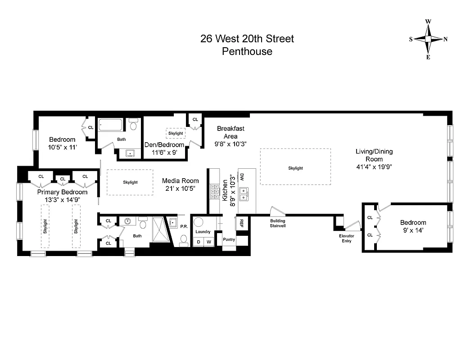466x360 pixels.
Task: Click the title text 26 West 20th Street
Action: click(247, 39)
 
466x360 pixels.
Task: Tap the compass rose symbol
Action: click(428, 39)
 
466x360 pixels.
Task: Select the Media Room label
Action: click(180, 181)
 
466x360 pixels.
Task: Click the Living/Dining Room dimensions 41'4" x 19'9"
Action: click(374, 166)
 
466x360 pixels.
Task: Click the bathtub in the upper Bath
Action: click(111, 125)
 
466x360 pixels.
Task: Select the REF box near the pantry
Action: click(242, 222)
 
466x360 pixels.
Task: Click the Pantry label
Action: click(229, 240)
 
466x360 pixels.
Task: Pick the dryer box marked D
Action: click(199, 242)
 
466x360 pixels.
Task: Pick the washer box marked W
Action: click(208, 242)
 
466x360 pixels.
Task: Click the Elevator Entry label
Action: click(347, 238)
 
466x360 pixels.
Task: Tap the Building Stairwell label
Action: click(277, 223)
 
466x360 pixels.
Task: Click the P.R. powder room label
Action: click(184, 227)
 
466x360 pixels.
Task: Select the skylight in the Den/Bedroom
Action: click(176, 134)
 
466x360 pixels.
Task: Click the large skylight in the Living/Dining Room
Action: click(295, 167)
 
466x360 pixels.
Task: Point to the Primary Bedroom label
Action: click(62, 192)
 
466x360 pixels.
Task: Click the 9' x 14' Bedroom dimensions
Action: click(413, 230)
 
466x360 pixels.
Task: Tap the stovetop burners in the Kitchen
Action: click(214, 192)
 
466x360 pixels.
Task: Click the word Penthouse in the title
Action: click(247, 51)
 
